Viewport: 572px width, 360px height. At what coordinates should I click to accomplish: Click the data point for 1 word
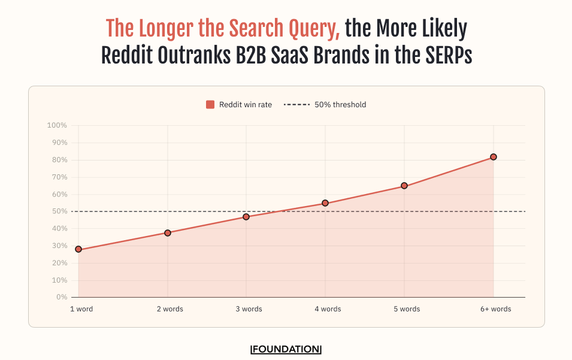78,249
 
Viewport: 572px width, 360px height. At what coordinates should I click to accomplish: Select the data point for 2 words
168,233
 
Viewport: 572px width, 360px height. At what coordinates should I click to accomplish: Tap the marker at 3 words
246,217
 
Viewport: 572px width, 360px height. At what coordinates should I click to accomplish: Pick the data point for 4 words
325,203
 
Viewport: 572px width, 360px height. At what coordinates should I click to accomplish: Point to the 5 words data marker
404,186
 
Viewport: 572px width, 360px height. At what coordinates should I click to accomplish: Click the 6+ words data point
494,157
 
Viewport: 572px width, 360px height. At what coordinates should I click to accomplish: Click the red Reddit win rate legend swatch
210,105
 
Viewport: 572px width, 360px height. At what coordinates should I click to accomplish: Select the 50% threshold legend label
340,105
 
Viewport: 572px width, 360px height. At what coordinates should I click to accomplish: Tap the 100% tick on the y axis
57,126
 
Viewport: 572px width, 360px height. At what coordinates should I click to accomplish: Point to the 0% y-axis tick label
61,297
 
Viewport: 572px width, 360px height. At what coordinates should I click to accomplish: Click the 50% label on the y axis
59,211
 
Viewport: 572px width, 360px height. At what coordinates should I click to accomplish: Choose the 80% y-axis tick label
59,160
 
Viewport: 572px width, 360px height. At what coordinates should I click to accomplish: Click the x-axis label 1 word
81,309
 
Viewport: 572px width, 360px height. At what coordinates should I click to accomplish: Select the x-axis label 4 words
328,309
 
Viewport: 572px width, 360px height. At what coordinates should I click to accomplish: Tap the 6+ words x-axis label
495,309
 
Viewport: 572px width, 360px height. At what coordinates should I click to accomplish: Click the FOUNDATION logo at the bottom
286,349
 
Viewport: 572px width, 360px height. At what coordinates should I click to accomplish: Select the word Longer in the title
168,28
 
